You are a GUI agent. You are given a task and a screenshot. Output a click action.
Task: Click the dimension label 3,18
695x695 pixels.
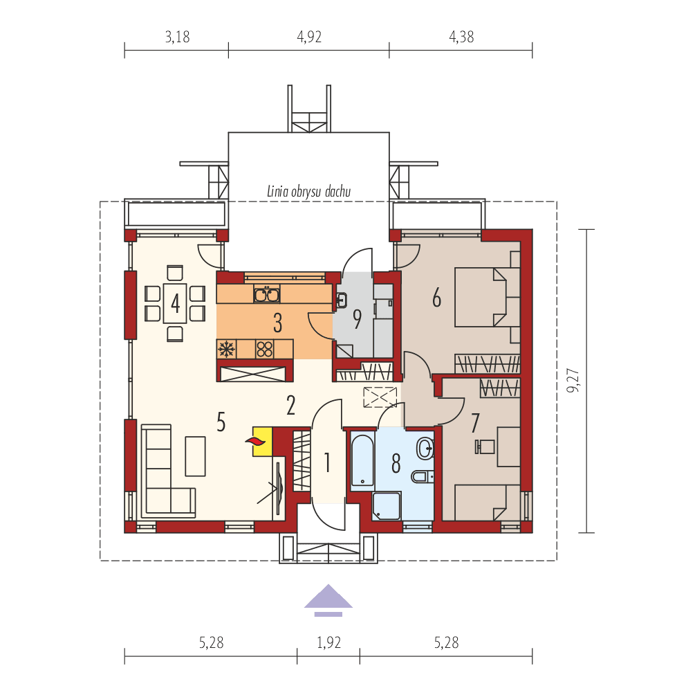(177, 37)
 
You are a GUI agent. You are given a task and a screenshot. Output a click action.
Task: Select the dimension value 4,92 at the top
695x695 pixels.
(309, 37)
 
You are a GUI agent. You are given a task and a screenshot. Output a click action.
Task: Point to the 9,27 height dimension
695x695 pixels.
(573, 381)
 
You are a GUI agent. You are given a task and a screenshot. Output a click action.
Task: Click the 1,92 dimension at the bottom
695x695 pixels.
(329, 643)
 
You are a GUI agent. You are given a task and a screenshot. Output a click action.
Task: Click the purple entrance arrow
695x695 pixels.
(328, 599)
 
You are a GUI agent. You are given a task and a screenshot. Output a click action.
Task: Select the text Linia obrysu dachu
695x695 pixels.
(310, 191)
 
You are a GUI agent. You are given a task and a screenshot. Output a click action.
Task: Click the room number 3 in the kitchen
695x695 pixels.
(277, 322)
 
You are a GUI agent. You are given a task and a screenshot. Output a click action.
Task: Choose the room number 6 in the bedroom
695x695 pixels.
(436, 298)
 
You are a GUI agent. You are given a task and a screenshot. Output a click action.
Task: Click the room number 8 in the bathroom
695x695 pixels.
(396, 463)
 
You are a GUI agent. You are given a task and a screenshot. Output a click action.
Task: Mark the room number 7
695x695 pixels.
(474, 422)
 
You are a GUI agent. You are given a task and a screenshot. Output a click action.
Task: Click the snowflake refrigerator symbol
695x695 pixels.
(225, 349)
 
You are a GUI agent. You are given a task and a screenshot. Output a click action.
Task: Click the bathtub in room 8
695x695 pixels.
(362, 459)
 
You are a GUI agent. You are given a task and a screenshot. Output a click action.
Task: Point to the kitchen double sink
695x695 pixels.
(266, 295)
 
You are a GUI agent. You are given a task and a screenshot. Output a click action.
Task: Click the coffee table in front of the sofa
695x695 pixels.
(195, 455)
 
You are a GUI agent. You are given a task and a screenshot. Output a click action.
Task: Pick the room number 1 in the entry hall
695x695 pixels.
(327, 462)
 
